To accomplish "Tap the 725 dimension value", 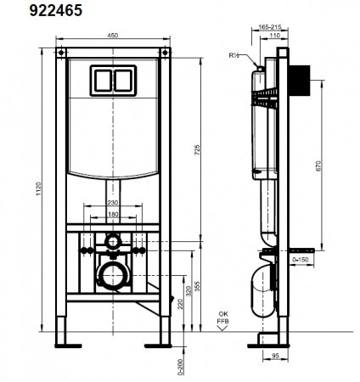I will [198, 149].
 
